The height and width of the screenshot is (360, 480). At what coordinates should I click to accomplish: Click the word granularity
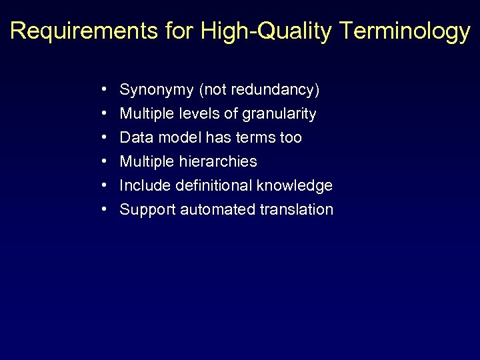[279, 114]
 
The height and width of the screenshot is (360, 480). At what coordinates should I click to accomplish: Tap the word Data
[135, 138]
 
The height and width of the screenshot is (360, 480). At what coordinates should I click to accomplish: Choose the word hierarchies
[218, 162]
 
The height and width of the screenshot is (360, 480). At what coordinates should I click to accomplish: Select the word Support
[147, 210]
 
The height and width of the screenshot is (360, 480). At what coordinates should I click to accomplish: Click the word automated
[215, 210]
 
